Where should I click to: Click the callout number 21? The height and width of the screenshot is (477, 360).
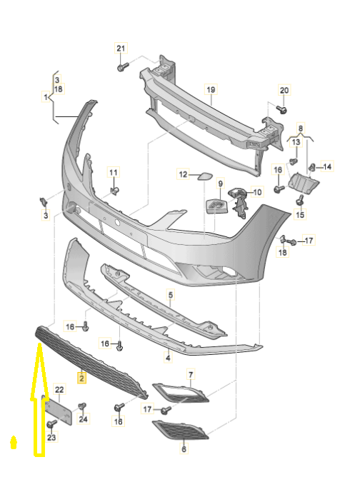coord(121,48)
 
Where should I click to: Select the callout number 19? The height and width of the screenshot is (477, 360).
coord(211,90)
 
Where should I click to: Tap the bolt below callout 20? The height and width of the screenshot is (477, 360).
coord(282,109)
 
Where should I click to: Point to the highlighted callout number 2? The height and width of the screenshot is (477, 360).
coord(81,378)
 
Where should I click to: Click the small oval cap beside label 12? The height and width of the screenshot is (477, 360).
coord(202,176)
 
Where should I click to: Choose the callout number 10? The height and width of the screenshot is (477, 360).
coord(257,192)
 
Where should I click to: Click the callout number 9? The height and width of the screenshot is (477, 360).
coord(220,184)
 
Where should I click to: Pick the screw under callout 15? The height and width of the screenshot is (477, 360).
coord(300,200)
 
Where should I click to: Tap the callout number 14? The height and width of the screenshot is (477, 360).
coord(327,166)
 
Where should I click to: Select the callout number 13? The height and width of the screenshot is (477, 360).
coord(296,142)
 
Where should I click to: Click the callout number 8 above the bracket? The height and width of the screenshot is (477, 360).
coord(301,129)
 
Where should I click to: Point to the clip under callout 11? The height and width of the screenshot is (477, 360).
coord(115,191)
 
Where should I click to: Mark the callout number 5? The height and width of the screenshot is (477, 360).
coord(171,294)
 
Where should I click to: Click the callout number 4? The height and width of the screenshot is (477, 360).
coord(169,358)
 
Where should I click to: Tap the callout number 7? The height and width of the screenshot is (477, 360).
coord(191,374)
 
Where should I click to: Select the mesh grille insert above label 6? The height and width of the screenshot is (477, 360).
coord(181,430)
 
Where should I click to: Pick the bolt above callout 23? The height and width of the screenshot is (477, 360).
coord(51,423)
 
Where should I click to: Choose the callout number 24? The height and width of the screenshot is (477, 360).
coord(83,419)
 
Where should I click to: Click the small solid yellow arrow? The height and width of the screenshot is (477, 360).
coord(14,442)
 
